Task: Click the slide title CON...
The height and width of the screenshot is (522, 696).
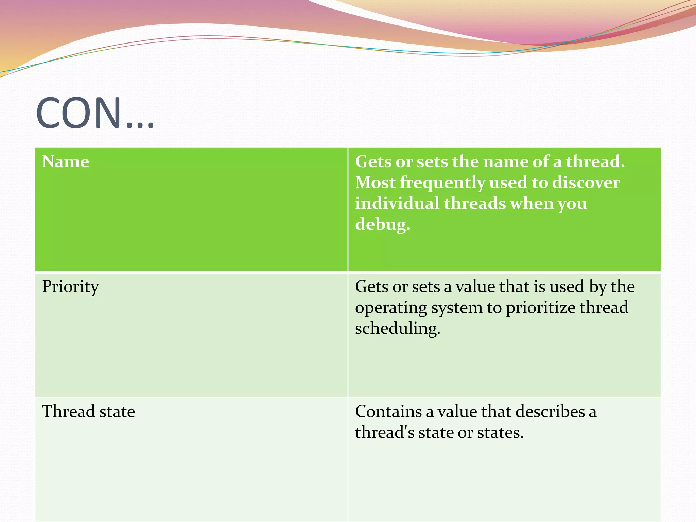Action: (95, 113)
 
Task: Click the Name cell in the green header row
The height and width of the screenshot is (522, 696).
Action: (65, 161)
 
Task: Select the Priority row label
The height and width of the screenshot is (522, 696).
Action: (70, 287)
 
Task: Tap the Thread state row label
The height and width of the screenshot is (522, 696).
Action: (88, 412)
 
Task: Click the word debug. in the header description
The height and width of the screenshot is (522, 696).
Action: (382, 225)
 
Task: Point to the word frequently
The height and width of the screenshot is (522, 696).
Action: (442, 182)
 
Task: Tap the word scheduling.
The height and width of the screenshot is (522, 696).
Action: (397, 329)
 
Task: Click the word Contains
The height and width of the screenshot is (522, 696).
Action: (388, 412)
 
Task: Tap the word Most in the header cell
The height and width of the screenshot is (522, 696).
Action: (375, 182)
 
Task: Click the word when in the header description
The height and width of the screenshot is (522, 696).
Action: (532, 203)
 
